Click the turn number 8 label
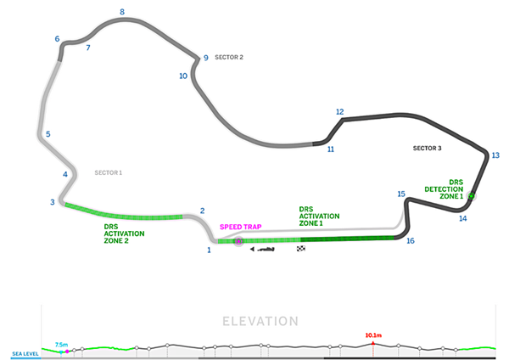click(122, 12)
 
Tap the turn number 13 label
click(495, 155)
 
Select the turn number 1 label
click(208, 250)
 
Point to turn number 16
click(411, 241)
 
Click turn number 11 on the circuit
click(330, 149)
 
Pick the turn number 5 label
click(48, 134)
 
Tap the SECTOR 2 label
click(229, 57)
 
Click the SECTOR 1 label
click(109, 172)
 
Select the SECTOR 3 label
click(427, 148)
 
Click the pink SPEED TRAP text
click(240, 227)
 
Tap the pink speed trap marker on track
click(238, 242)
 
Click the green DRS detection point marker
click(471, 196)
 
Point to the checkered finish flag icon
click(300, 249)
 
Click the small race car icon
click(265, 249)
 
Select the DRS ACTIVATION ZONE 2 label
click(124, 233)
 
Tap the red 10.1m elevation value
click(372, 335)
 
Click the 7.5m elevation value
click(61, 345)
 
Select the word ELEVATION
click(260, 321)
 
